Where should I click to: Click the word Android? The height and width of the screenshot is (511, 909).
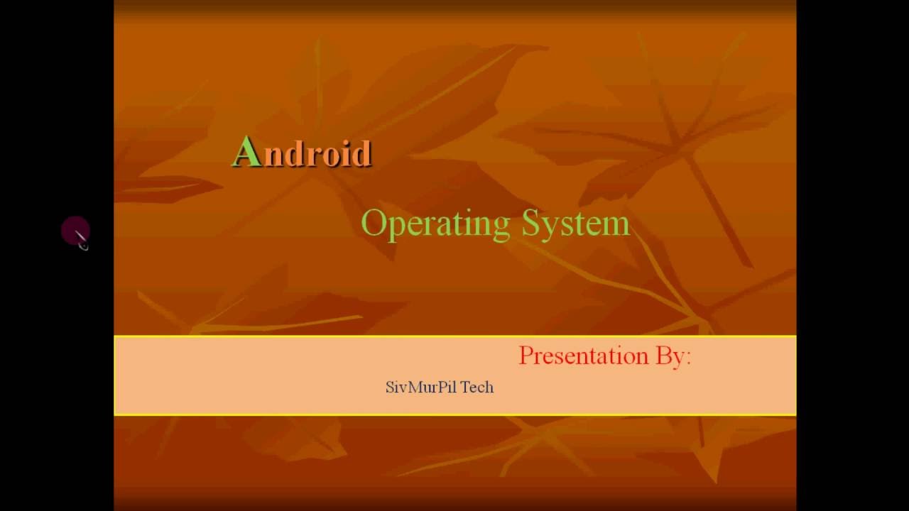(303, 153)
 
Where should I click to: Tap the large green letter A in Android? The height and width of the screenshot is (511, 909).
(246, 151)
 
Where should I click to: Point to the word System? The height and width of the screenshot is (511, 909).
(576, 224)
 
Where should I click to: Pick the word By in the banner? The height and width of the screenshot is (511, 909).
(669, 356)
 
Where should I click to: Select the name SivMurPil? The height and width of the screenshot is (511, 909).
(421, 388)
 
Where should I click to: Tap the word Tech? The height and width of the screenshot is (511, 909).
(477, 388)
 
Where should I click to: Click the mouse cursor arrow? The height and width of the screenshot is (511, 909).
(80, 238)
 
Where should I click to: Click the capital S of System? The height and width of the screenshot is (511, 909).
(531, 223)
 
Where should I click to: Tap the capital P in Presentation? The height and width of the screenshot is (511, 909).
(526, 355)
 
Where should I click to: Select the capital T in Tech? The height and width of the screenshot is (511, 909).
(465, 388)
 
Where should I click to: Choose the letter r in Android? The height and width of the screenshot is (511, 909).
(313, 155)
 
